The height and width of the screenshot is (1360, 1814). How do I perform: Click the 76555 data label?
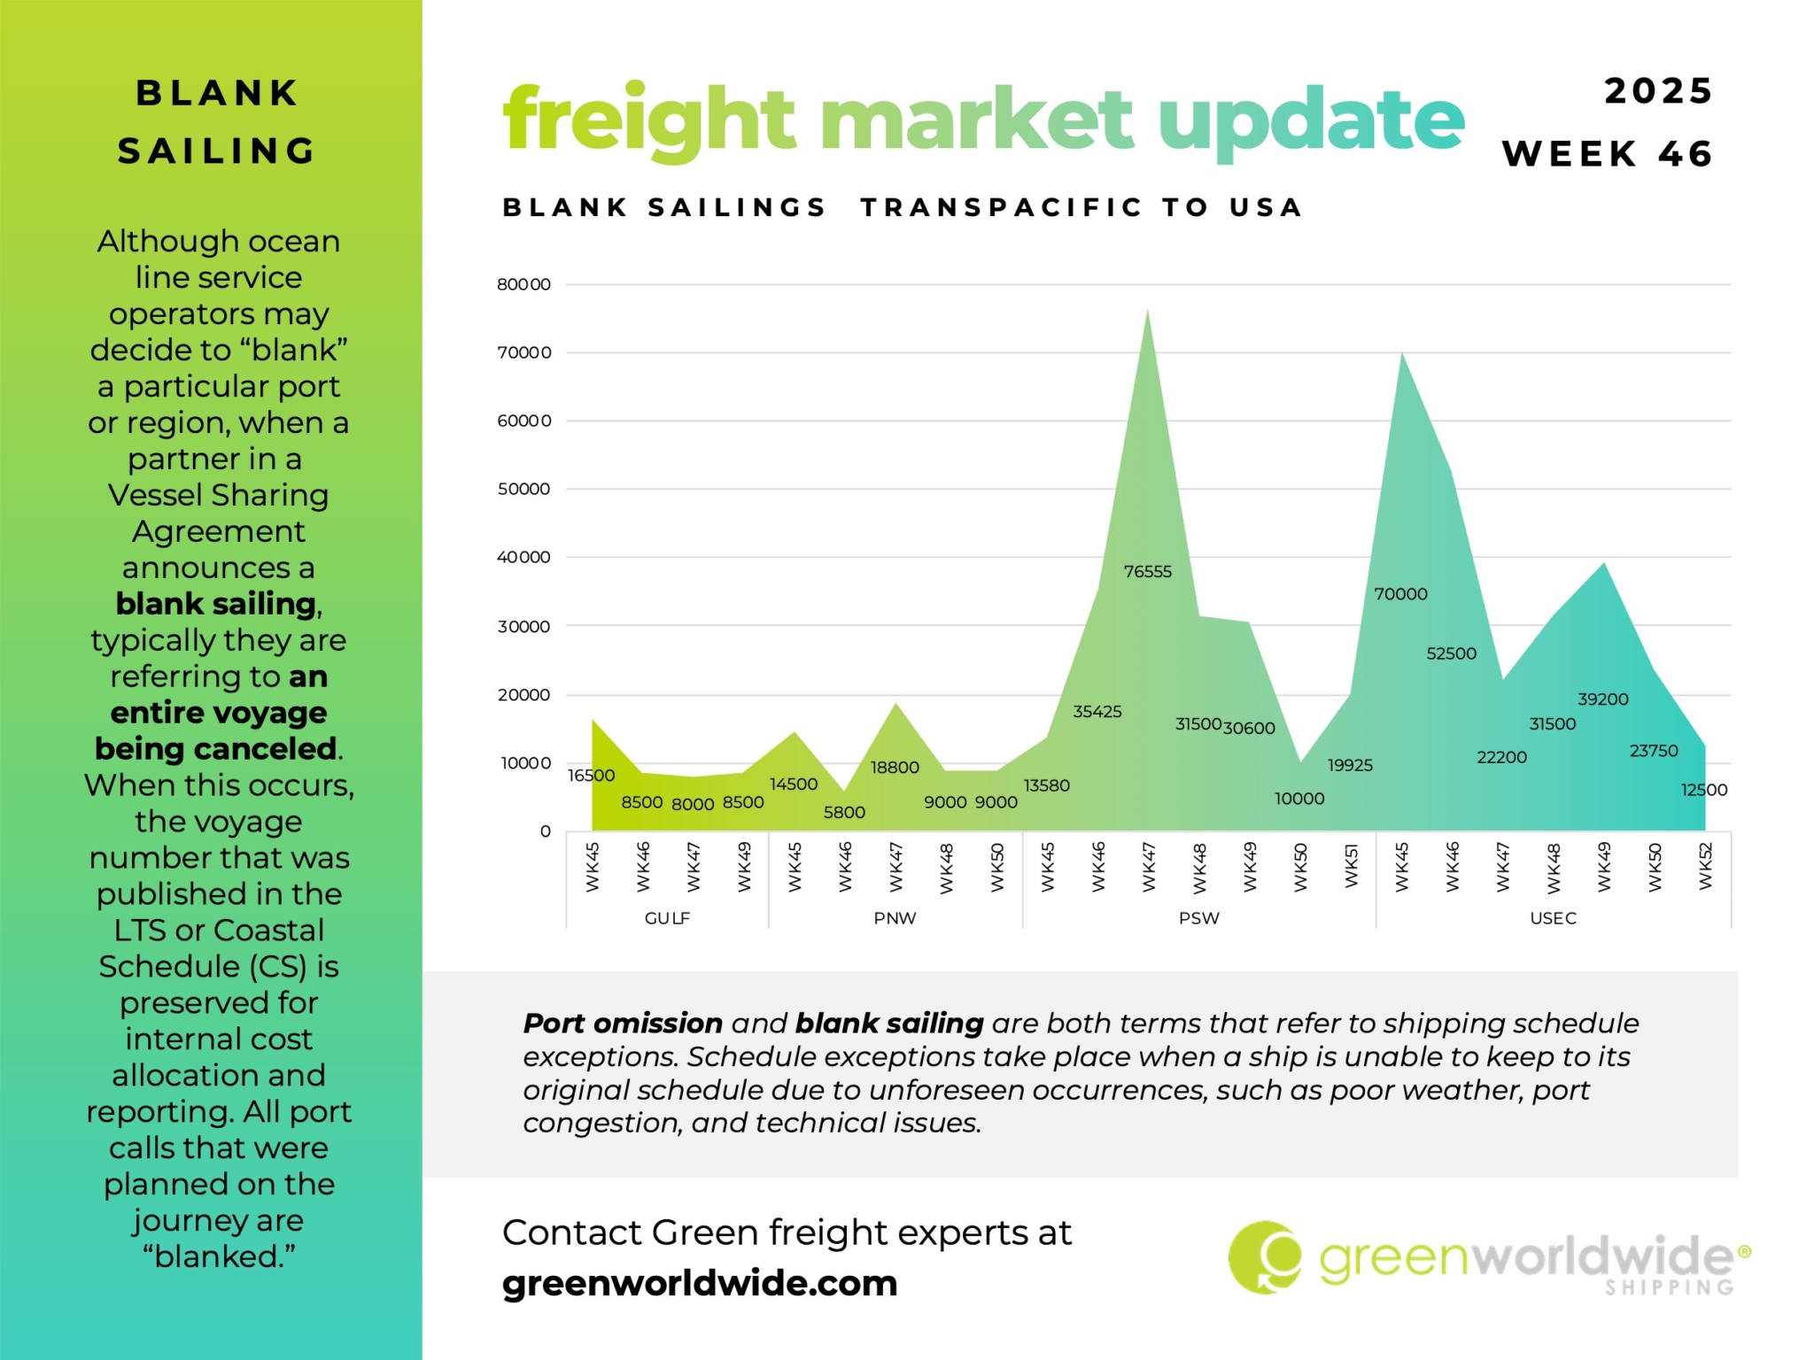pyautogui.click(x=1147, y=572)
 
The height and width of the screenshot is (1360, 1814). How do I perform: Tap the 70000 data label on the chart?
pyautogui.click(x=1400, y=594)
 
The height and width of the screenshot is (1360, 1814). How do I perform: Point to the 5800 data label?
pyautogui.click(x=844, y=813)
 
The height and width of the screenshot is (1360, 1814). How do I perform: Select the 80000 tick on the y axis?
pyautogui.click(x=523, y=284)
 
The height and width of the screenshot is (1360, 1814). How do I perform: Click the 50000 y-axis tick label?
pyautogui.click(x=523, y=489)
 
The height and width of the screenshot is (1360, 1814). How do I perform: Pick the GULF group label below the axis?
pyautogui.click(x=667, y=918)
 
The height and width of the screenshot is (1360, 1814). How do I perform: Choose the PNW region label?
pyautogui.click(x=895, y=918)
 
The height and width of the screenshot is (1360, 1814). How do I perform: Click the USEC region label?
pyautogui.click(x=1553, y=918)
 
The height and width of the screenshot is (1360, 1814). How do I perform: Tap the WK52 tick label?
pyautogui.click(x=1706, y=867)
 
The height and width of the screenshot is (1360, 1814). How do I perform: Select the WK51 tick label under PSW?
pyautogui.click(x=1351, y=865)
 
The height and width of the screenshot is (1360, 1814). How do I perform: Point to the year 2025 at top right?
pyautogui.click(x=1658, y=91)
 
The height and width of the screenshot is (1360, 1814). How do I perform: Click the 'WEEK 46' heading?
pyautogui.click(x=1608, y=154)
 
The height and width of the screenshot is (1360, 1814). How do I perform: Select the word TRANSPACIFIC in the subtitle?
pyautogui.click(x=1002, y=207)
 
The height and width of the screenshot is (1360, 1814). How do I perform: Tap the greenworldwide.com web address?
pyautogui.click(x=700, y=1283)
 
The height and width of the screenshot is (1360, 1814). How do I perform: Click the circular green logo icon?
pyautogui.click(x=1265, y=1257)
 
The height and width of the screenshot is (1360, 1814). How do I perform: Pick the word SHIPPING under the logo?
pyautogui.click(x=1670, y=1287)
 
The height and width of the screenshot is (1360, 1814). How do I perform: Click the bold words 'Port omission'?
pyautogui.click(x=623, y=1024)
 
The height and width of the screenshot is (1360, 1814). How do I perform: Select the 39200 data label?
pyautogui.click(x=1602, y=699)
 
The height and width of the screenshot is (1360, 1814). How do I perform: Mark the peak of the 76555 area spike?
pyautogui.click(x=1148, y=311)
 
